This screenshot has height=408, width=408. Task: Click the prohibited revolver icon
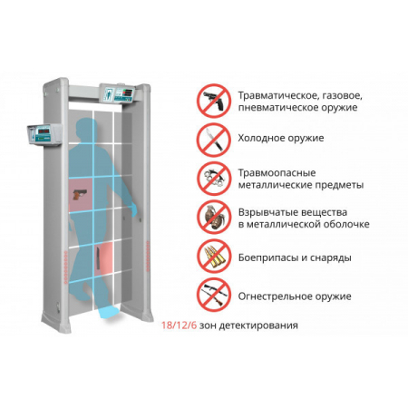click(214, 101)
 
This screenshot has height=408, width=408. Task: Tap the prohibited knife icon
click(214, 140)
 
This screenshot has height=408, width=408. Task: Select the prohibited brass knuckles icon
click(214, 179)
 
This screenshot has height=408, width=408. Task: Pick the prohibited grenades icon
click(214, 217)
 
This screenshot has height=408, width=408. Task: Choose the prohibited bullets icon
click(214, 257)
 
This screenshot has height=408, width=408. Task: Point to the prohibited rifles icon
click(214, 295)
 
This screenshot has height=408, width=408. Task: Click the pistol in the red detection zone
click(80, 194)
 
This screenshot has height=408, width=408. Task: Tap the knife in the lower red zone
click(98, 257)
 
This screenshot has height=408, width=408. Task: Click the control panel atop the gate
click(117, 92)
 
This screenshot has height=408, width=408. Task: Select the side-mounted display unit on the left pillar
click(44, 134)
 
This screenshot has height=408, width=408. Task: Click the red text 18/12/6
click(179, 325)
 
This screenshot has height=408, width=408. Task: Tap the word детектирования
click(258, 325)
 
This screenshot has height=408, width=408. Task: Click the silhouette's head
click(85, 128)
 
